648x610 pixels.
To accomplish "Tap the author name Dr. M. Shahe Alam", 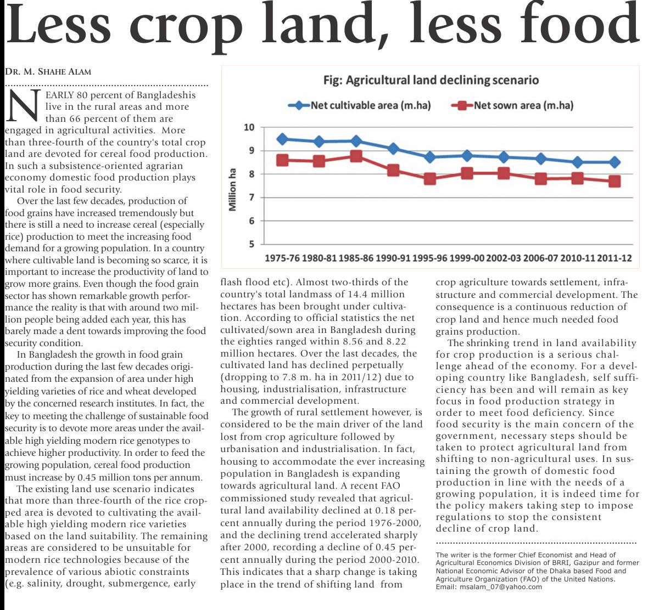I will [x=48, y=71].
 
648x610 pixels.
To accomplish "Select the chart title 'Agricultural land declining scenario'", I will [x=431, y=80].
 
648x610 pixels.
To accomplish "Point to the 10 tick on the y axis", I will [x=249, y=128].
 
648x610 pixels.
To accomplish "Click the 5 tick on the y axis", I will [x=252, y=244].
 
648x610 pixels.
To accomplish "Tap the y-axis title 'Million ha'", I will [x=233, y=189].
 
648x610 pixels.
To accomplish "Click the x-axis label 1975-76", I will [x=282, y=258].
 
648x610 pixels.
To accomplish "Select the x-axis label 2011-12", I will [x=614, y=258].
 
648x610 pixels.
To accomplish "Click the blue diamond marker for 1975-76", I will [x=282, y=139].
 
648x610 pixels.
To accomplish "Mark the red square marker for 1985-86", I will [x=356, y=156].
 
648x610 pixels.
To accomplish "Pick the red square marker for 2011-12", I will [x=614, y=181].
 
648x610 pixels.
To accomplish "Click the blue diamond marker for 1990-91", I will [x=393, y=149].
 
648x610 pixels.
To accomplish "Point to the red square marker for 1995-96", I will [x=430, y=178].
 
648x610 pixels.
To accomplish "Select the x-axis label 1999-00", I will [x=467, y=258].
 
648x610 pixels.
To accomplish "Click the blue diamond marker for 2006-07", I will [x=541, y=159].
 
